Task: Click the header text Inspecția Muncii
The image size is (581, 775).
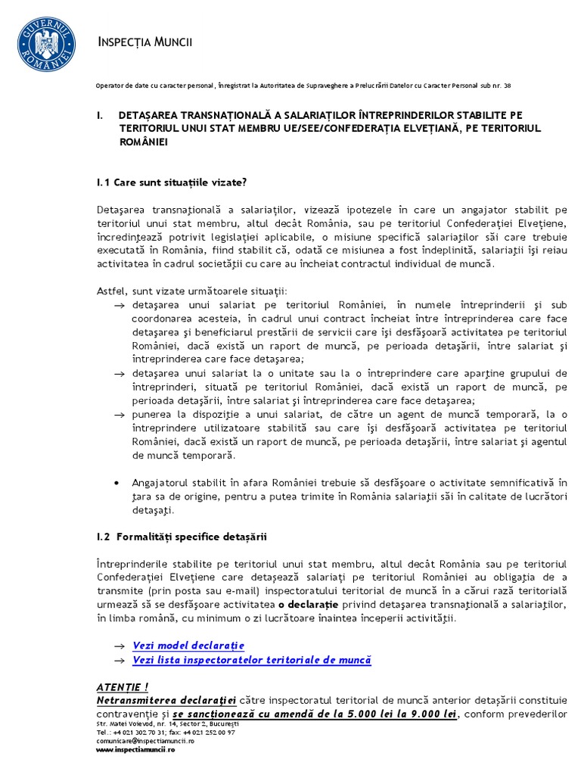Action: click(x=145, y=42)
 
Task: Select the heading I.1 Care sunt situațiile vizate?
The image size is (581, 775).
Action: click(x=172, y=182)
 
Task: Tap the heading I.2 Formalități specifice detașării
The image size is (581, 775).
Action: click(x=182, y=537)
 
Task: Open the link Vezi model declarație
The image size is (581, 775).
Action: click(x=188, y=646)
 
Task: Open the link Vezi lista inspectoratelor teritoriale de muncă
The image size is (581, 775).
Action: click(x=251, y=660)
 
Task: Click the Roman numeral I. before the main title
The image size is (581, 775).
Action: click(x=100, y=115)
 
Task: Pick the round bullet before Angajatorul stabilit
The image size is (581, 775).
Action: click(x=115, y=482)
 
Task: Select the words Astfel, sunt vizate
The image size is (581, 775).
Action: click(x=144, y=291)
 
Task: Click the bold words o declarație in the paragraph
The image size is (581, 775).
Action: click(x=306, y=605)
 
